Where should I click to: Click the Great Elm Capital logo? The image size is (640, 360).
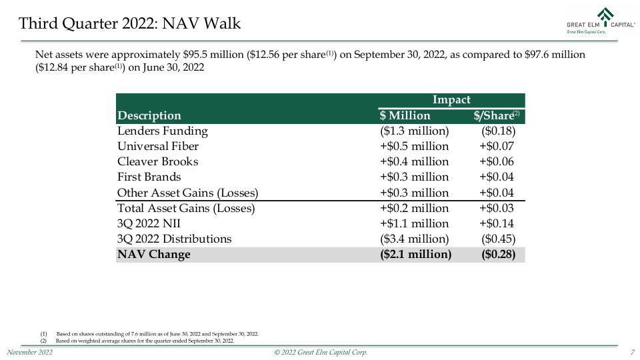click(x=601, y=21)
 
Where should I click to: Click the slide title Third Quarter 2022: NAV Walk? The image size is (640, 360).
click(x=130, y=23)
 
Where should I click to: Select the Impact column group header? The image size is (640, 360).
click(x=451, y=99)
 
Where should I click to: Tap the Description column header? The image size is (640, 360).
click(x=149, y=115)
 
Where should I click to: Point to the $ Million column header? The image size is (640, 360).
click(x=405, y=115)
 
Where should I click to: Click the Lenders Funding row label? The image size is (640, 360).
click(x=163, y=131)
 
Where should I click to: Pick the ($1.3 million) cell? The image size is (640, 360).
click(x=414, y=131)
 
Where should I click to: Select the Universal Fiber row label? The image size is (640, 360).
click(x=158, y=146)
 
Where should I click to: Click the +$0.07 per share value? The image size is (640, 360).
click(x=496, y=146)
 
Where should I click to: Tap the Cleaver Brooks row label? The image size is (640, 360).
click(x=157, y=161)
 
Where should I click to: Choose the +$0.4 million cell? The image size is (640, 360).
click(x=414, y=161)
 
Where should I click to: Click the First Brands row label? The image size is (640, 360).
click(x=149, y=177)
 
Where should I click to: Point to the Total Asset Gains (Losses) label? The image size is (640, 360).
click(x=186, y=208)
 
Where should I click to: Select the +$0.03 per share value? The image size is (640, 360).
click(x=496, y=208)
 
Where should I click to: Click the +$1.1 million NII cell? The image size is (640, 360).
click(x=414, y=224)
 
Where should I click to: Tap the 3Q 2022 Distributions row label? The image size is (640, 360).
click(x=174, y=239)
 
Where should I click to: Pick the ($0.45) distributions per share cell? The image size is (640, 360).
click(x=499, y=239)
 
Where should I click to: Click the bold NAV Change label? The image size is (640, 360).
click(x=154, y=254)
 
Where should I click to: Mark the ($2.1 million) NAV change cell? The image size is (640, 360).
click(x=415, y=254)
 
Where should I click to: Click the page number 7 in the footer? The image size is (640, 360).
click(x=633, y=352)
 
